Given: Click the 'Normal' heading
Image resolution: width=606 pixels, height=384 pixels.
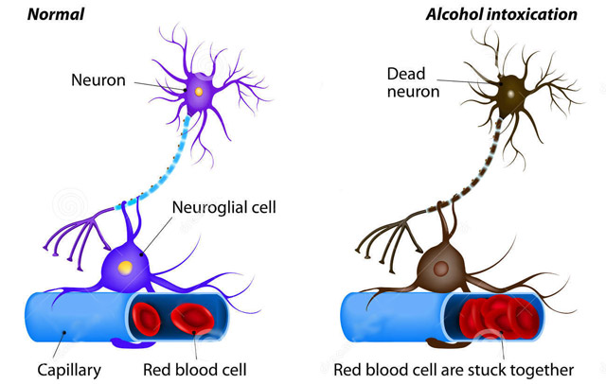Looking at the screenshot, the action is click(x=56, y=15).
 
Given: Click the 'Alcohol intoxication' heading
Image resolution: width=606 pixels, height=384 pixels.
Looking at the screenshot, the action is click(x=501, y=15).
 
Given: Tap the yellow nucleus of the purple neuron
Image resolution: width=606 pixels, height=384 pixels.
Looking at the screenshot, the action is click(x=199, y=92).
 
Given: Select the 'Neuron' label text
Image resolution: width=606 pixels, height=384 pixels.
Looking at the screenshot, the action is click(x=98, y=80).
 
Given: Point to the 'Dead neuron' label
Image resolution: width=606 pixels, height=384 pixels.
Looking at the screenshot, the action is click(x=413, y=82).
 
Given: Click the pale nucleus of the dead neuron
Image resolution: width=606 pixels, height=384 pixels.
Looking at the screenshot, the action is click(x=511, y=94).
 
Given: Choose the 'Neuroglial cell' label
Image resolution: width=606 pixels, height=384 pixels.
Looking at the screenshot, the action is click(x=224, y=207).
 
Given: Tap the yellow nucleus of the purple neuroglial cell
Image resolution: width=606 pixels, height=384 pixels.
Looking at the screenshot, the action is click(x=125, y=268).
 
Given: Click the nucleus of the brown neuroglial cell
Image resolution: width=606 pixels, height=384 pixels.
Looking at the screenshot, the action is click(x=440, y=268).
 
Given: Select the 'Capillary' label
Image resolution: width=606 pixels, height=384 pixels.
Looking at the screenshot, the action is click(x=69, y=370).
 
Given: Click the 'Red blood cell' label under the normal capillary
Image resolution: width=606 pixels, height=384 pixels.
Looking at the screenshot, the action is click(x=195, y=370).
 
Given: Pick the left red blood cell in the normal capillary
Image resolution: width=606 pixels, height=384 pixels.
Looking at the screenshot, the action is click(x=146, y=319).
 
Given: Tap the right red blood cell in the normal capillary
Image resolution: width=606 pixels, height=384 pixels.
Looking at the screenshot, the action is click(x=192, y=319).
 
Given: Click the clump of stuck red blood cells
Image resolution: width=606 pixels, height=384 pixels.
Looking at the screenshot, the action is click(x=499, y=317).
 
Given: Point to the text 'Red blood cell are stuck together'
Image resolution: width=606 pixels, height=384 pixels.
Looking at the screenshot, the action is click(x=454, y=370).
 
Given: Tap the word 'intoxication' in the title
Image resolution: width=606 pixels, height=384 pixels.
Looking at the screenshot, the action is click(x=532, y=15).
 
